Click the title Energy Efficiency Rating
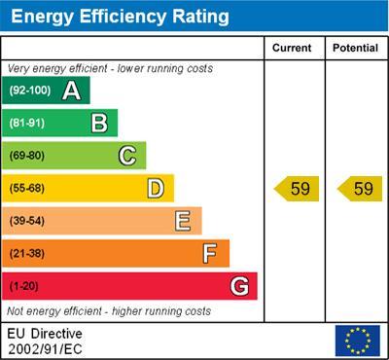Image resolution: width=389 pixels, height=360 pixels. (119, 17)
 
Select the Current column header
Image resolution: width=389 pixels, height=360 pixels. (292, 48)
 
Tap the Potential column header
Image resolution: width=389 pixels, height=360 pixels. (355, 48)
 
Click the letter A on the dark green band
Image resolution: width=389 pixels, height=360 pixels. (71, 90)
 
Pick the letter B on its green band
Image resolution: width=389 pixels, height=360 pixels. (99, 123)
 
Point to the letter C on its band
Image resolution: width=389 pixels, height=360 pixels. (127, 156)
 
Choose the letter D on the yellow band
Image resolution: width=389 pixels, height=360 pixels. (156, 188)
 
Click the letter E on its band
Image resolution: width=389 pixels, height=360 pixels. (183, 221)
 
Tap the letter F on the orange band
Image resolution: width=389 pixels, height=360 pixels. (210, 254)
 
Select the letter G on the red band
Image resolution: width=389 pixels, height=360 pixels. (239, 287)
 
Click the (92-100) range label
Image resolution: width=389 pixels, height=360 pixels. (29, 90)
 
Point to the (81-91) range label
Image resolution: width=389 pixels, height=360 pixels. (27, 124)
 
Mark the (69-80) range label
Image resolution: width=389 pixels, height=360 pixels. (27, 156)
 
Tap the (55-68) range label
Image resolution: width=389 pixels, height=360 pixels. (27, 189)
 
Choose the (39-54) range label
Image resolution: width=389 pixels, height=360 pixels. (27, 221)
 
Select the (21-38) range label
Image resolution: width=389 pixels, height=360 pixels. (27, 254)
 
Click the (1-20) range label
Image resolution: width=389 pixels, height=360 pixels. (24, 287)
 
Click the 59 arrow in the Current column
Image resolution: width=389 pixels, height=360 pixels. (297, 189)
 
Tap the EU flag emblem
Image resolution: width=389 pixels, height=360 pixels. (357, 341)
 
